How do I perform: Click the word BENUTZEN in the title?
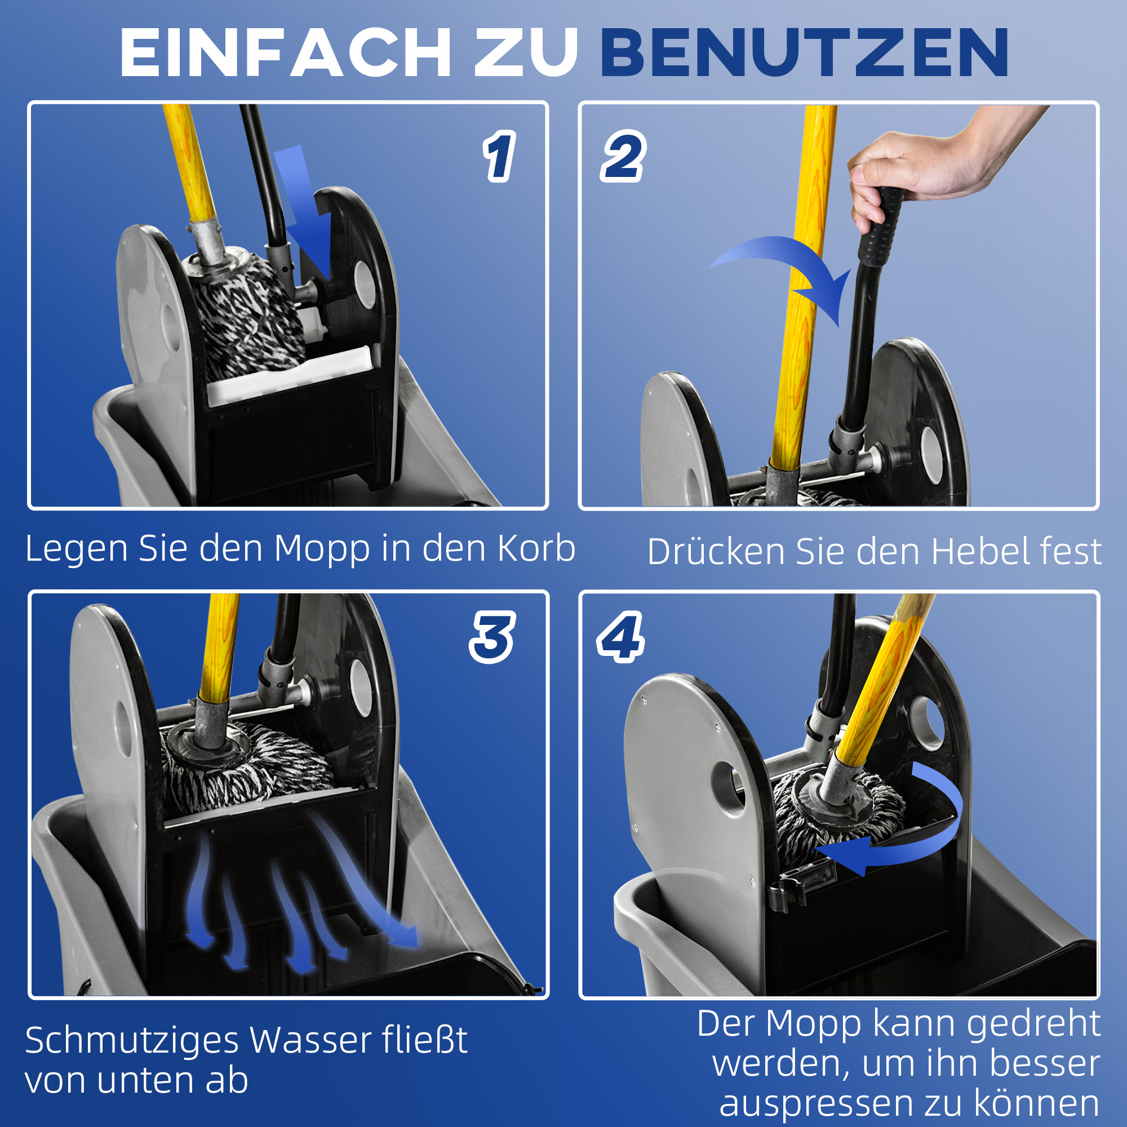click(x=805, y=54)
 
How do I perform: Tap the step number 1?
click(x=499, y=156)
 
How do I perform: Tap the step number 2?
click(x=623, y=156)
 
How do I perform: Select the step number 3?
click(x=492, y=637)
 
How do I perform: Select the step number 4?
click(x=620, y=637)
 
